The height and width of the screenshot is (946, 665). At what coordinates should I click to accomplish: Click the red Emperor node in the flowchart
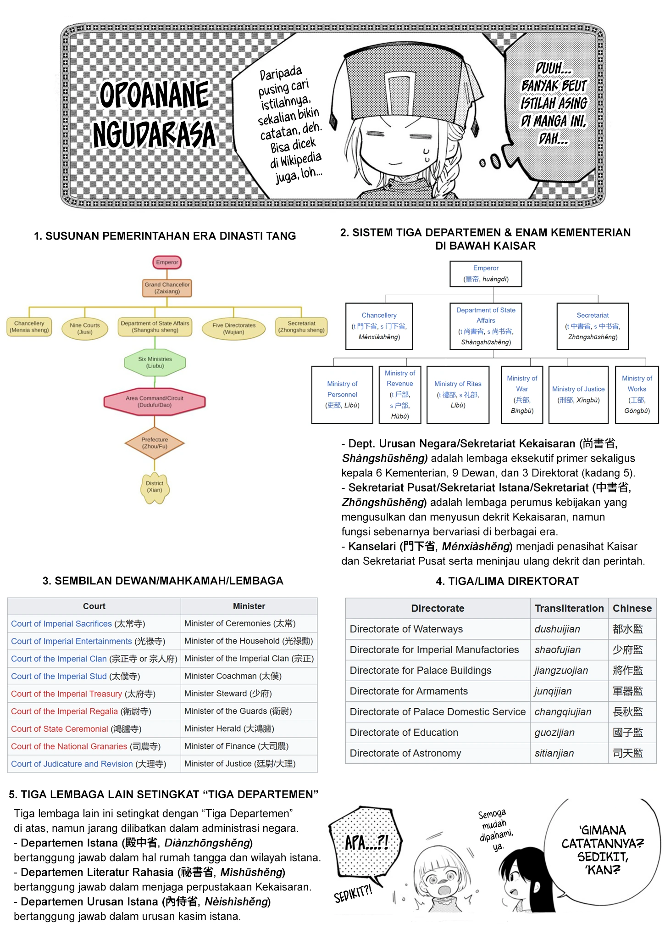[167, 262]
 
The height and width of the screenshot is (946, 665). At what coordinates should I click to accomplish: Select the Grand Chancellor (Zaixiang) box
[167, 288]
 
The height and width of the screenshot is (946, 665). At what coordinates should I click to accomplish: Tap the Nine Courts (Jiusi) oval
[85, 329]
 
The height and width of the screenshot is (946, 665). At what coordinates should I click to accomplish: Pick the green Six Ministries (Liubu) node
[155, 363]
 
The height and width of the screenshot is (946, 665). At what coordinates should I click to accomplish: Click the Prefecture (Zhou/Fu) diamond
[155, 443]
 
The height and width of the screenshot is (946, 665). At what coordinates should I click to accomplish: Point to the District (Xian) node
[155, 487]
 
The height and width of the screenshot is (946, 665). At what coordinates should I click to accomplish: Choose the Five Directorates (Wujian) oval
[234, 329]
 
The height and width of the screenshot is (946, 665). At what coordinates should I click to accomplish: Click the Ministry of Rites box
[458, 395]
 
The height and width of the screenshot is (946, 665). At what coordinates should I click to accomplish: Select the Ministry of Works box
[637, 395]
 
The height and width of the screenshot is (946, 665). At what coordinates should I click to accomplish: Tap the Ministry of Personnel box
[342, 395]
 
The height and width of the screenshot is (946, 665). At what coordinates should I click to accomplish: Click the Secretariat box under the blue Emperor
[593, 326]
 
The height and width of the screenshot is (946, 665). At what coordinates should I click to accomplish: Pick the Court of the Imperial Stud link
[59, 676]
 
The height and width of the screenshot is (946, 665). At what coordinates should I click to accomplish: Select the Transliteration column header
[569, 608]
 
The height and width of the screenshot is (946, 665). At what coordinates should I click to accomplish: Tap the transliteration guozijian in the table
[554, 733]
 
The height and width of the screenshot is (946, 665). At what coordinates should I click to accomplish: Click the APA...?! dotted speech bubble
[366, 845]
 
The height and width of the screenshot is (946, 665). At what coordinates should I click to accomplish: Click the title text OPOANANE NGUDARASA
[154, 114]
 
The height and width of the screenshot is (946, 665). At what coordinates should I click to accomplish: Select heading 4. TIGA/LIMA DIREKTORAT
[507, 581]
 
